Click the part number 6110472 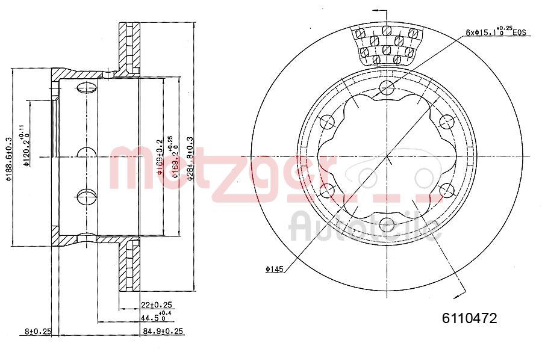point(469,319)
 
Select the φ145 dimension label point(275,270)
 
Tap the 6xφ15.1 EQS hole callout point(496,32)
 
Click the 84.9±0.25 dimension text point(163,331)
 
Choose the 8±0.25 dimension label point(38,331)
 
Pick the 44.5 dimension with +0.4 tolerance point(155,316)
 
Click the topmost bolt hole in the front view point(387,88)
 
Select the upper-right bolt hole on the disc point(446,122)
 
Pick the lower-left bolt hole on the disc point(328,191)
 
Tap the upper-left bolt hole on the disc point(328,122)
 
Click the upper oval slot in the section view point(87,89)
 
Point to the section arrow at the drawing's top point(377,11)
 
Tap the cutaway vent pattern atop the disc point(387,45)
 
